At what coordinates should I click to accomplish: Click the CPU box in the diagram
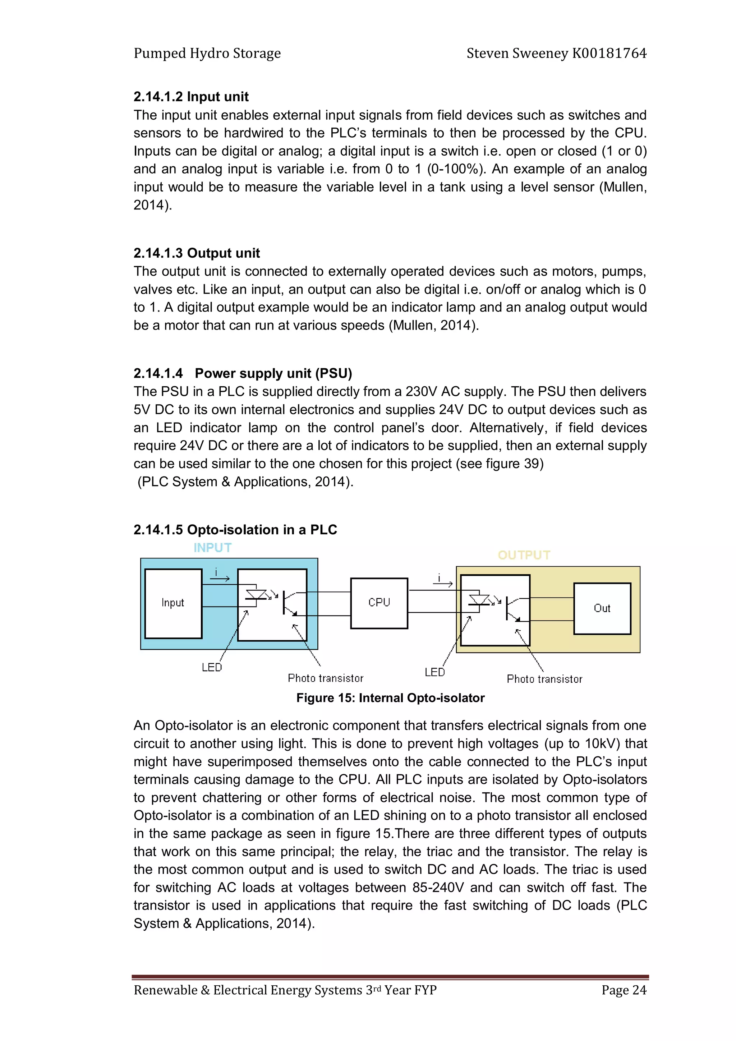click(x=379, y=603)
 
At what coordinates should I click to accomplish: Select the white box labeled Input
click(x=173, y=603)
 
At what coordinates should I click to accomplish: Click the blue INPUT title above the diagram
click(x=212, y=548)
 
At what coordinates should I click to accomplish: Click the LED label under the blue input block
click(x=212, y=667)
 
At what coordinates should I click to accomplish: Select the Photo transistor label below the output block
click(x=544, y=679)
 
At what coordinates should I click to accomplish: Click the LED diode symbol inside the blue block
click(x=256, y=596)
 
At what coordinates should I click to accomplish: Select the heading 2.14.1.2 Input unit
click(x=191, y=97)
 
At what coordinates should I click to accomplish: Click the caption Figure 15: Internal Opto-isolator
click(x=390, y=698)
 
